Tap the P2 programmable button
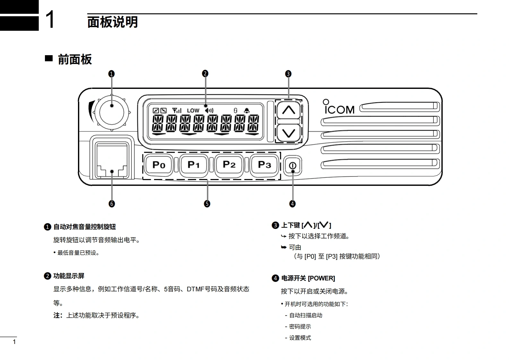229,165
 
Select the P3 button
264,165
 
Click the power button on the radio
292,166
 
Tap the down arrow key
289,133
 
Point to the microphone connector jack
112,160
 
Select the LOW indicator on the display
193,111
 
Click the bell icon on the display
246,110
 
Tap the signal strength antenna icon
177,110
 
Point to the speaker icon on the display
209,110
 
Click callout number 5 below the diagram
207,204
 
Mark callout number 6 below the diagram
112,204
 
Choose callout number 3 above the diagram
288,74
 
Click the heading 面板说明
112,22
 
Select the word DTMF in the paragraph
195,289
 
